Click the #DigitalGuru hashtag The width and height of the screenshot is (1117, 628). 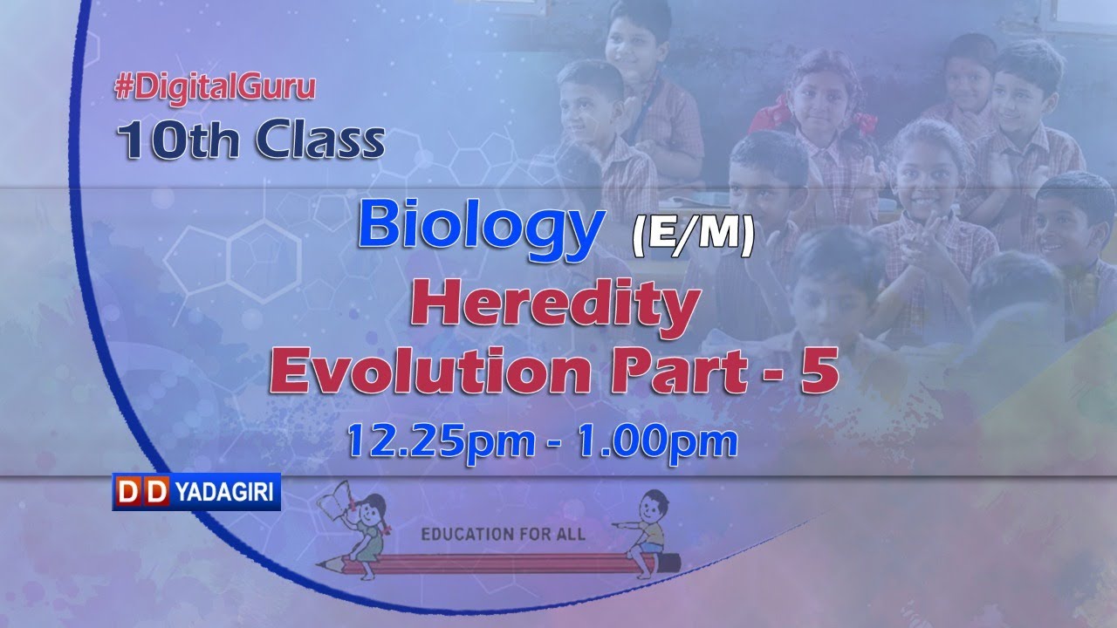point(215,87)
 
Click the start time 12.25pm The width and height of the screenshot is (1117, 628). point(441,440)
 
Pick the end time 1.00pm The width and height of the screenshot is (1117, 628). point(656,440)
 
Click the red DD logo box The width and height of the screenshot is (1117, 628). point(141,494)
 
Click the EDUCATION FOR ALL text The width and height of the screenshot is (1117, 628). point(504,532)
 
